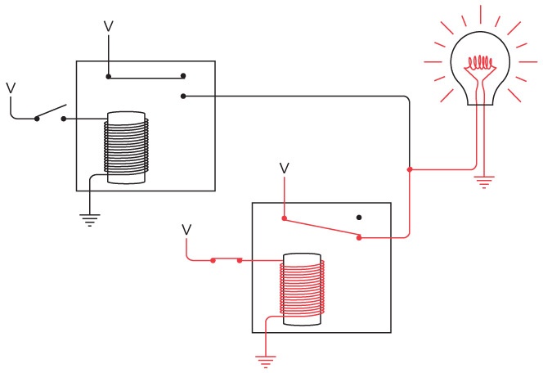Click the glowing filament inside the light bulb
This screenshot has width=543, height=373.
coord(484,61)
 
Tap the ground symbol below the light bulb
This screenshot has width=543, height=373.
coord(484,181)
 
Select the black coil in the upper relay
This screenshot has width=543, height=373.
coord(127,148)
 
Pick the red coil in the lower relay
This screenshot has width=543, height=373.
coord(302,290)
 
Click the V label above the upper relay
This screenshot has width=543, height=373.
coord(108,27)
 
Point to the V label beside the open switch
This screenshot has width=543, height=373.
coord(11,87)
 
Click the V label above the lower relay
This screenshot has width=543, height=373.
coord(284,168)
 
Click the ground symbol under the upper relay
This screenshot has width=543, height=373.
coord(90,219)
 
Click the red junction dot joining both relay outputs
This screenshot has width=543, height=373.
coord(409,169)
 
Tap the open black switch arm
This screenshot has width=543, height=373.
coord(51,112)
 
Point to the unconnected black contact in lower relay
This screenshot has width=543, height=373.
coord(359,218)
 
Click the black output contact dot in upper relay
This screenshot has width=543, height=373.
coord(183,97)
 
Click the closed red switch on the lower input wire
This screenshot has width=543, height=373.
coord(226,260)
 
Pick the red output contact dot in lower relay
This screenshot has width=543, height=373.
coord(360,238)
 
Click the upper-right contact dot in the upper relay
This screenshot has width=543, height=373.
coord(183,79)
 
